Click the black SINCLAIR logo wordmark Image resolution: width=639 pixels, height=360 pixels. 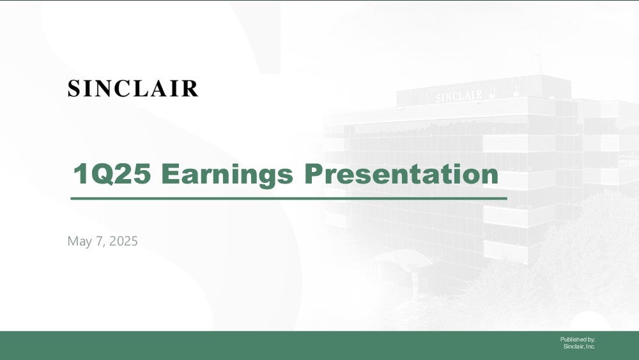(x=133, y=88)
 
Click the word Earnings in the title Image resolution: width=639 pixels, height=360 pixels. (x=227, y=175)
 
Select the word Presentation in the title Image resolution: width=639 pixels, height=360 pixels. (x=401, y=174)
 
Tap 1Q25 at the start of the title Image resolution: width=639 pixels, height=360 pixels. (x=112, y=174)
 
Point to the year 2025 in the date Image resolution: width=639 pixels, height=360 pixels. (x=123, y=241)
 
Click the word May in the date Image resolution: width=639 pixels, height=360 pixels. (x=80, y=241)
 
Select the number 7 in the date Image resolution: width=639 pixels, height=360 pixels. (x=99, y=241)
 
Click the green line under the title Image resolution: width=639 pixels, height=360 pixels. (x=289, y=199)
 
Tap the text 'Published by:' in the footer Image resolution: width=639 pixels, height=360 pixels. (x=578, y=339)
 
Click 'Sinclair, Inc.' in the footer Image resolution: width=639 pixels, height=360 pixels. (x=579, y=347)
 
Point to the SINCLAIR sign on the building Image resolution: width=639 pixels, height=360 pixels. (x=459, y=96)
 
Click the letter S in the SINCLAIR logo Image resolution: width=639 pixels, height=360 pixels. (x=73, y=88)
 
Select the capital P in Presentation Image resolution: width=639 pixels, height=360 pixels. (x=314, y=174)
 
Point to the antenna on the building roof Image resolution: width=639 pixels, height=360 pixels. (x=537, y=65)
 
